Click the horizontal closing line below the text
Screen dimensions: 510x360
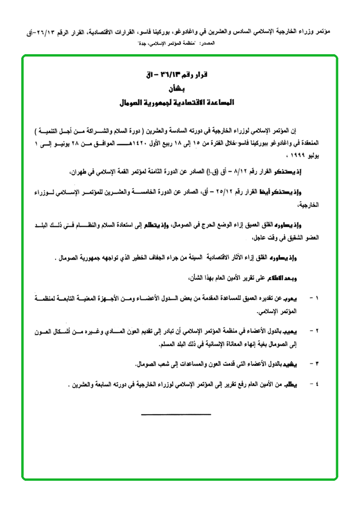[x=176, y=414]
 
